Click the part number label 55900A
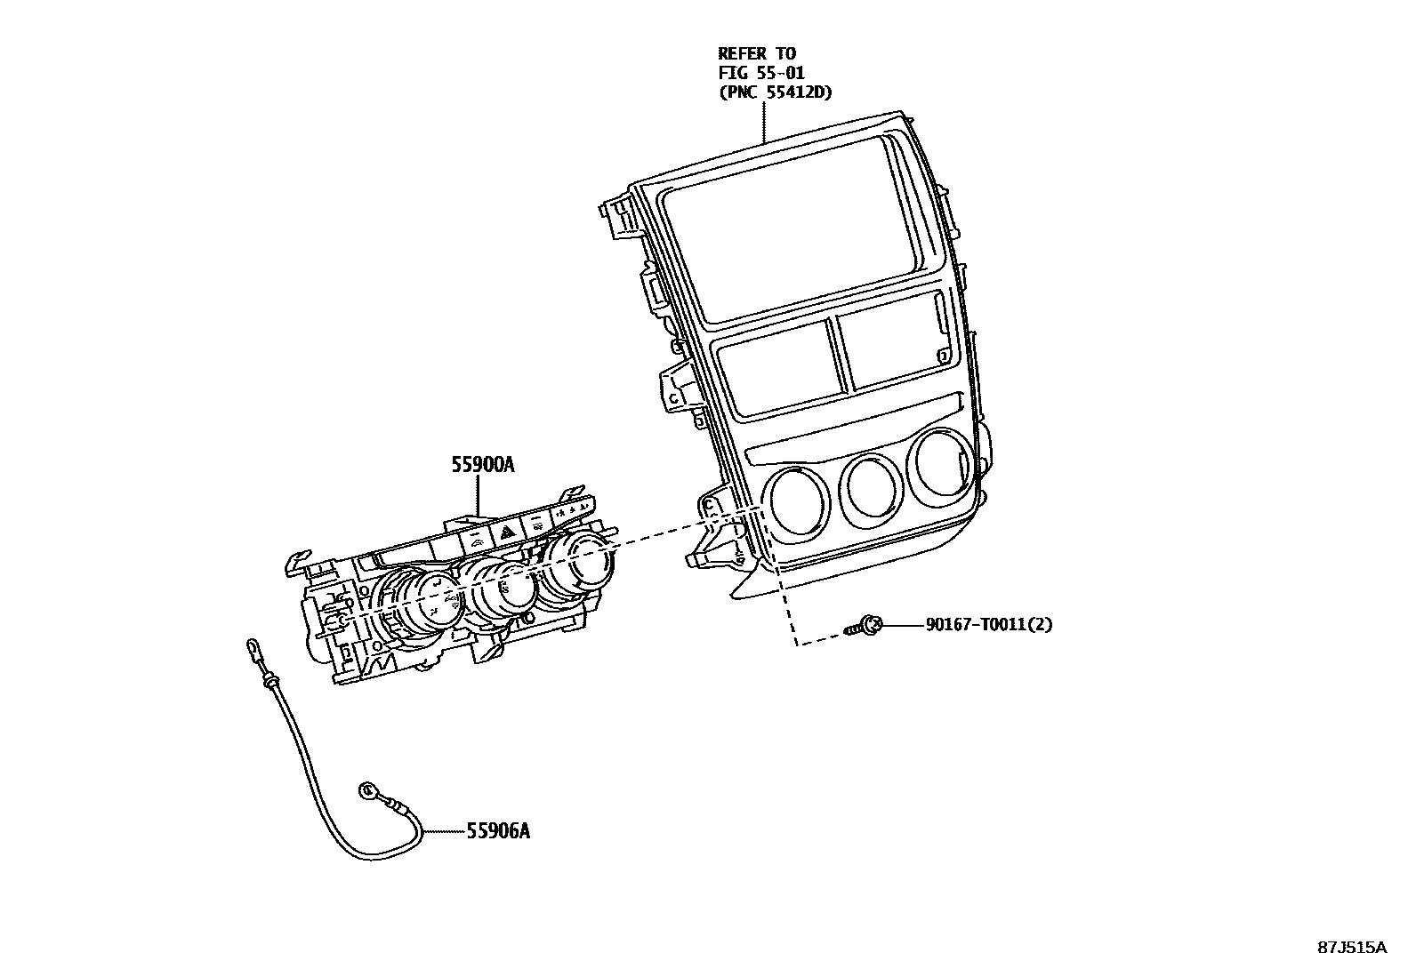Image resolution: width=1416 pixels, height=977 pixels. tap(483, 464)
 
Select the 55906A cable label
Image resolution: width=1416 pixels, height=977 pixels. tap(498, 831)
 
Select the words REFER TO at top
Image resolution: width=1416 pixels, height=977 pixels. tap(757, 54)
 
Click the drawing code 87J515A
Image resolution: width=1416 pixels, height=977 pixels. tap(1352, 947)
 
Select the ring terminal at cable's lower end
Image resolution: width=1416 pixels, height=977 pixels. tap(366, 789)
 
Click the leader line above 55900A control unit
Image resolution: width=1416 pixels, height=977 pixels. tap(479, 494)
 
